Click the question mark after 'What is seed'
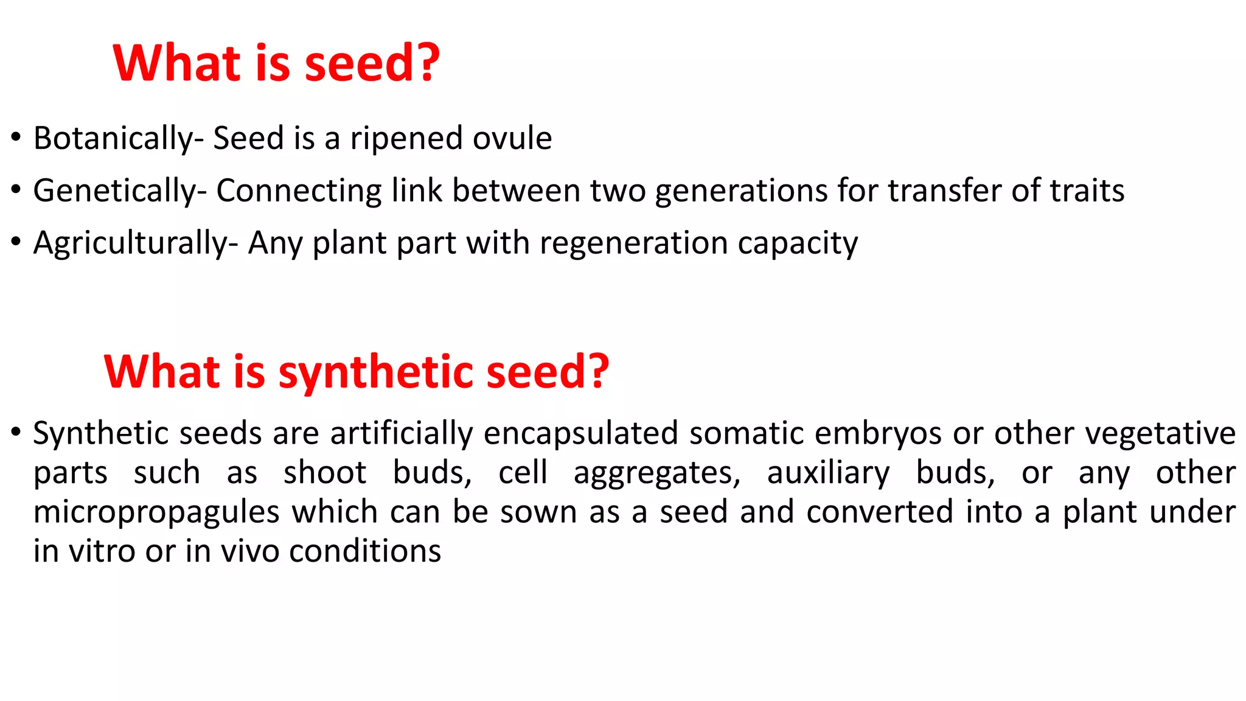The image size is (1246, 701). [x=428, y=63]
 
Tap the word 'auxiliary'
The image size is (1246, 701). [x=828, y=473]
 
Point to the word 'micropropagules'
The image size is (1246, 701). [x=156, y=513]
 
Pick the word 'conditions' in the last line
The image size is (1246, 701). [x=365, y=551]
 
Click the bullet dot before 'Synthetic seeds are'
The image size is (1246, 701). [x=16, y=433]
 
